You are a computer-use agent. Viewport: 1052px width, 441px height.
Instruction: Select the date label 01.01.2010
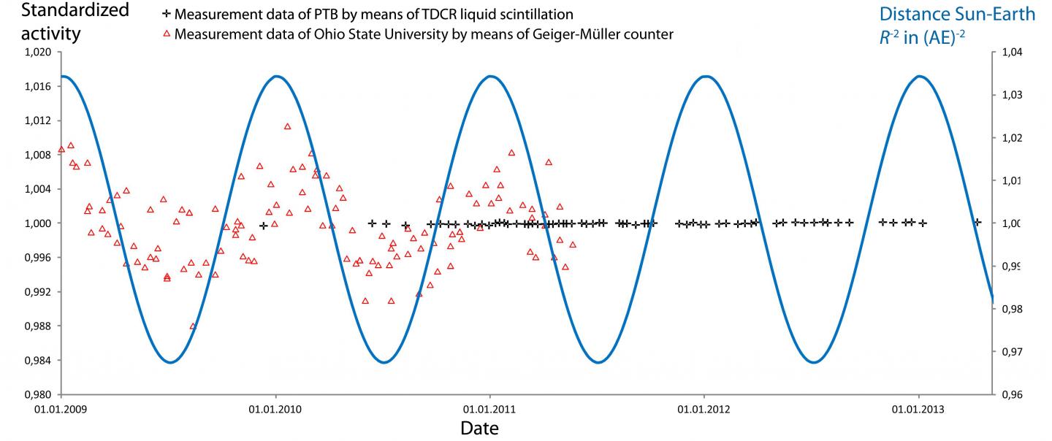point(275,410)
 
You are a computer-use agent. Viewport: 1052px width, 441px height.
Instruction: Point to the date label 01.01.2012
point(704,410)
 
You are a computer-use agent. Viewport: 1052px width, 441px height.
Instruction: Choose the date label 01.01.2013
point(918,410)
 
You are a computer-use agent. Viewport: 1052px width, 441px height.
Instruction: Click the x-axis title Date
point(479,428)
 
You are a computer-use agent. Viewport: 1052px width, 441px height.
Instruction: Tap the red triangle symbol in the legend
point(167,34)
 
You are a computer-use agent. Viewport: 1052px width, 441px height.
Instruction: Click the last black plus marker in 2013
point(977,222)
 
